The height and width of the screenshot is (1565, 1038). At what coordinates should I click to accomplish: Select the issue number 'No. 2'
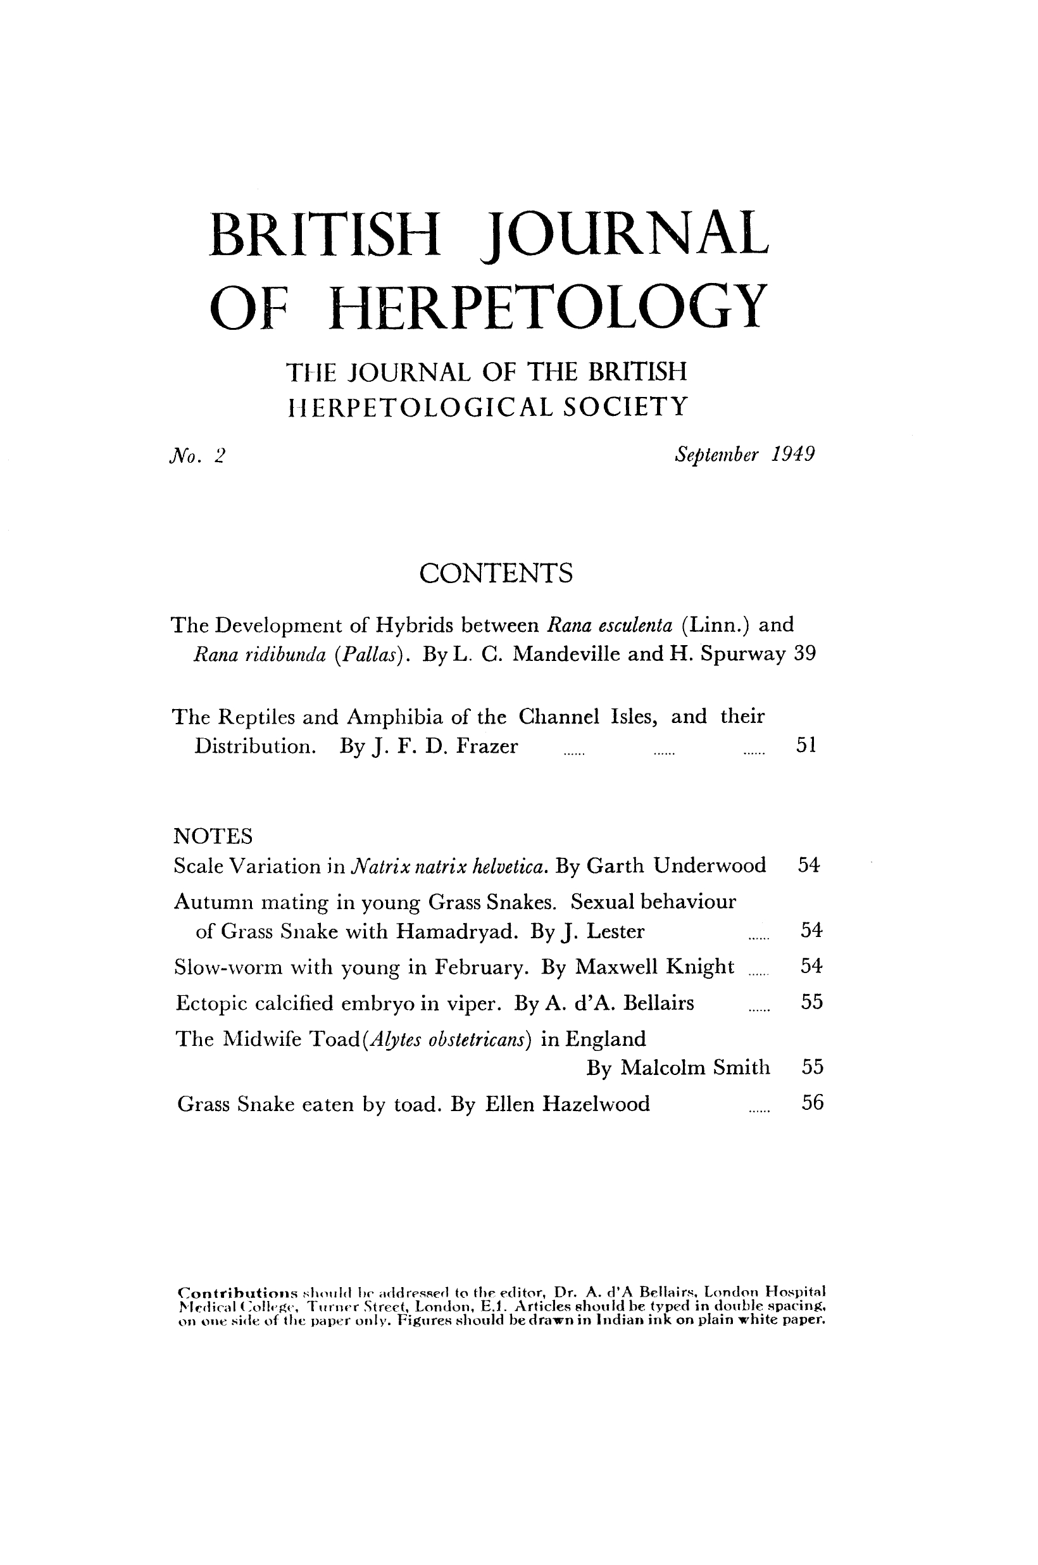coord(197,455)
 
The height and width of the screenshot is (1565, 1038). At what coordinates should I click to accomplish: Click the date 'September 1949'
coord(744,454)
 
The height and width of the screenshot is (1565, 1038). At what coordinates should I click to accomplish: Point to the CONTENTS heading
coord(495,573)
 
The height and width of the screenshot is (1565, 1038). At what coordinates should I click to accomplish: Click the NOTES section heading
coord(213,836)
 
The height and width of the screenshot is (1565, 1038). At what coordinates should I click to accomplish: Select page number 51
coord(806,745)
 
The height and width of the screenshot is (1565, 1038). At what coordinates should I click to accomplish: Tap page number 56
coord(812,1102)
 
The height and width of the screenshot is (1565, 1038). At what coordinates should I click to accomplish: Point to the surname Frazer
coord(487,746)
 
